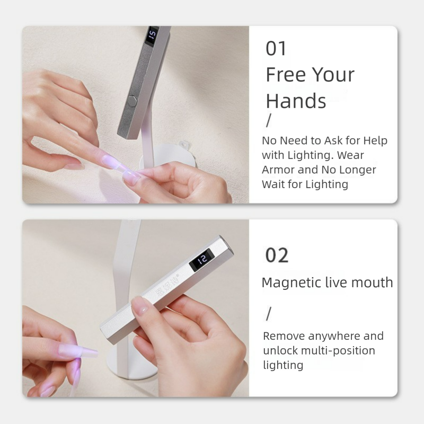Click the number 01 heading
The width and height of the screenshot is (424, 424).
pos(276,49)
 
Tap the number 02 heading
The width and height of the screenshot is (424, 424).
pos(277,255)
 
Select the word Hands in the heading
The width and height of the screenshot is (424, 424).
pos(296,101)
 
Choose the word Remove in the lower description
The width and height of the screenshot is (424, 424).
pos(284,336)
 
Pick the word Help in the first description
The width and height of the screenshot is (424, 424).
pos(375,140)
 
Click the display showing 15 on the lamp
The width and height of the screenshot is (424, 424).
pos(152,35)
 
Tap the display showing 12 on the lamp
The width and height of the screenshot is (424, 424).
pos(202,260)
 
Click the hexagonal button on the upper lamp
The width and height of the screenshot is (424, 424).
pos(132,100)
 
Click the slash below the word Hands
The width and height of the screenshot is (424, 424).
pos(268,121)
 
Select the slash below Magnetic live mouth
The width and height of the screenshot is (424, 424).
pos(268,314)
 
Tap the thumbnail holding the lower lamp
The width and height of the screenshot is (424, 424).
pos(140,307)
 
